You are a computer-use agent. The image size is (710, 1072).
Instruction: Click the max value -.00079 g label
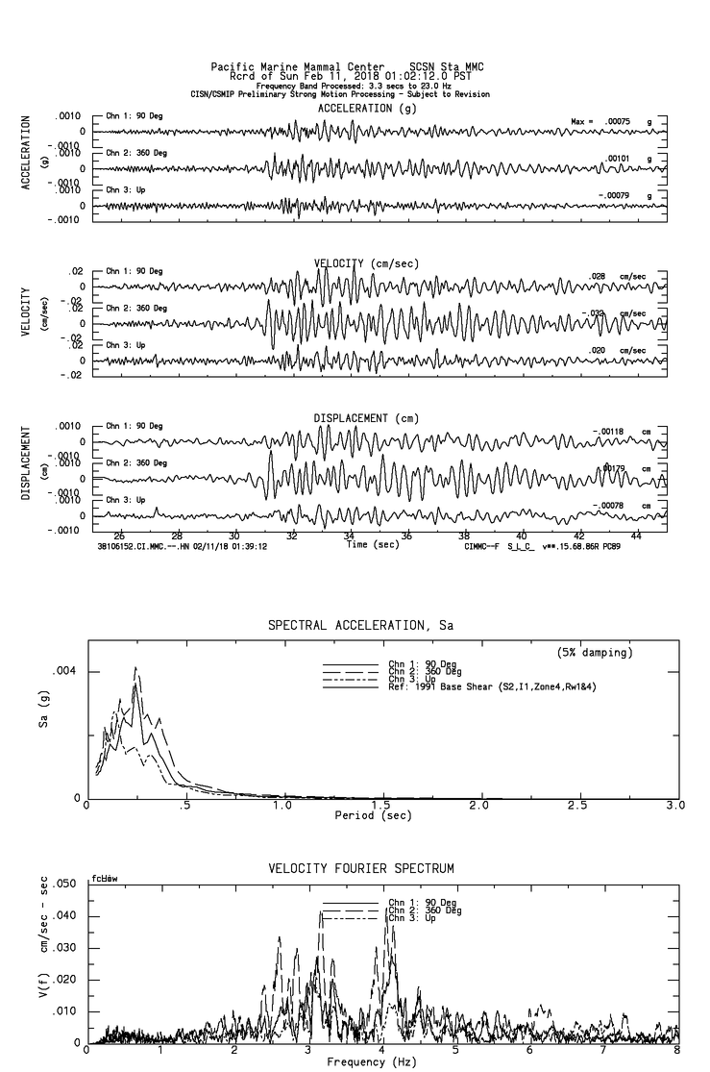(620, 196)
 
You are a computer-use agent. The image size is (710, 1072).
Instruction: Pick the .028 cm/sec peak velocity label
(599, 276)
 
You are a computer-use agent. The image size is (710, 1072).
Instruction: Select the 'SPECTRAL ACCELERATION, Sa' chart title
(360, 626)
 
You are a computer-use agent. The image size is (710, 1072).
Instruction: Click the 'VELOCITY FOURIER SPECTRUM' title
(360, 869)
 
